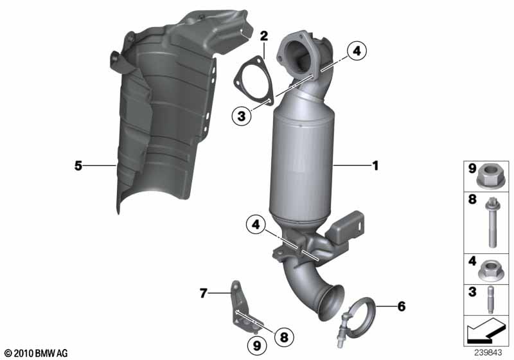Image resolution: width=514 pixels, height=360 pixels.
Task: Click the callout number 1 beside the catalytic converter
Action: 375,166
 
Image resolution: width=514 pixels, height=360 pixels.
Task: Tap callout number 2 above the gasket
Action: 264,36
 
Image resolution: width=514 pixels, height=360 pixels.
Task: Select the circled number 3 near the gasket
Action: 242,116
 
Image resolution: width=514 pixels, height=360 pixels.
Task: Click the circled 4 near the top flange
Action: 357,51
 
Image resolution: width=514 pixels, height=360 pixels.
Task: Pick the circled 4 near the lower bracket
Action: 256,224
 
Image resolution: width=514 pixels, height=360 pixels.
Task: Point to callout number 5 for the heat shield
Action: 78,166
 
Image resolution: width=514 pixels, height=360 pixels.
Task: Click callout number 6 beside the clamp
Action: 401,306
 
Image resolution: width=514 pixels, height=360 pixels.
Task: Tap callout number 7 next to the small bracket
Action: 204,292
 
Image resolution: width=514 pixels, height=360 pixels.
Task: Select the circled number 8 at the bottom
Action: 284,336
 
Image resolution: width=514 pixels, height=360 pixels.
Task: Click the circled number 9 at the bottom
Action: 257,345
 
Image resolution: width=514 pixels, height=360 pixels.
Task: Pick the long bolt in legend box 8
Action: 491,222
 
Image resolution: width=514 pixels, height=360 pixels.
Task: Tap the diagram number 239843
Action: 488,353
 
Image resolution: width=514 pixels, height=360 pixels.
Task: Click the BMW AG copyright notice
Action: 37,353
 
